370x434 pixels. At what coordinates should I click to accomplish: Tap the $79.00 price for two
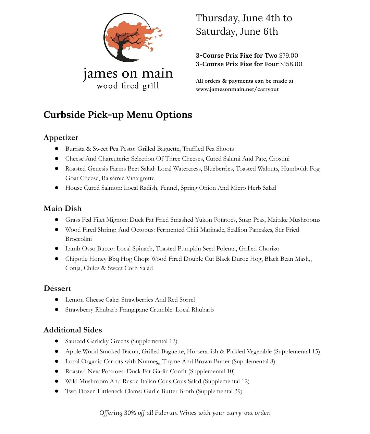pos(288,56)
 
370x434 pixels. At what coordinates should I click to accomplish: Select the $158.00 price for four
pos(291,64)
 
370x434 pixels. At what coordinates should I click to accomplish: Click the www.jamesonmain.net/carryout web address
pos(237,89)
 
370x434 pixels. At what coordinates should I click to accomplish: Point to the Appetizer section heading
pos(61,138)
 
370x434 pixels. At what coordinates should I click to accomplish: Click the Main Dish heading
pos(62,209)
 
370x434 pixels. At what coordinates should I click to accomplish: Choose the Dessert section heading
pos(57,289)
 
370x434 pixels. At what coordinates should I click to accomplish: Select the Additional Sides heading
pos(73,330)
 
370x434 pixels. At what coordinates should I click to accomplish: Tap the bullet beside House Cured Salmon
pos(57,188)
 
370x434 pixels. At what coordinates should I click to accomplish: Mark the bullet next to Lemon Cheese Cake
pos(57,300)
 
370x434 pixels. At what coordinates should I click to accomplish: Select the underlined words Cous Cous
pos(172,382)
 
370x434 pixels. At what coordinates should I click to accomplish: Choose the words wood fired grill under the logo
pos(128,86)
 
